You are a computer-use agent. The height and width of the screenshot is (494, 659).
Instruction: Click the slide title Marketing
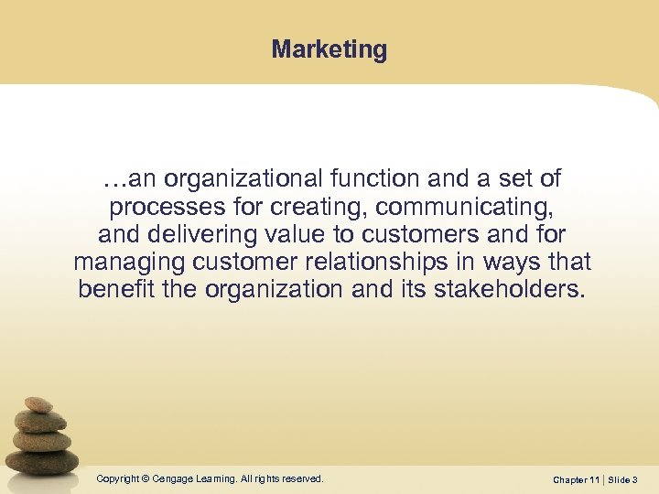(329, 49)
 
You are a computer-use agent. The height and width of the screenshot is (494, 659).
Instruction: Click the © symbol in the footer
(146, 478)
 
